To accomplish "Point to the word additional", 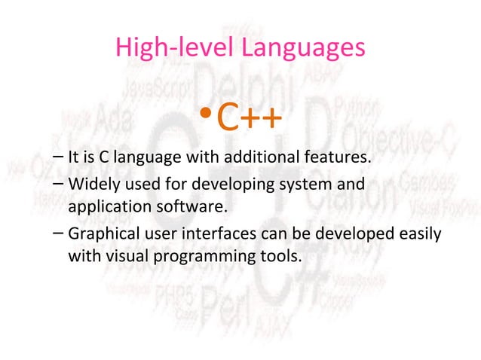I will pos(244,159).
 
